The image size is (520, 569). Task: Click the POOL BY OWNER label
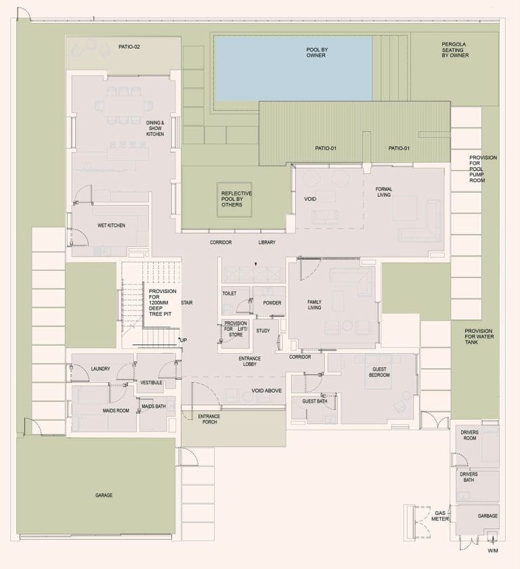(316, 52)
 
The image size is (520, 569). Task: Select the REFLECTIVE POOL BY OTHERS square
(234, 200)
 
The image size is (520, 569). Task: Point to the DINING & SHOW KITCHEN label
(155, 128)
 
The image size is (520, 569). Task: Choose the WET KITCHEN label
(112, 225)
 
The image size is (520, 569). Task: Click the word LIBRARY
(267, 242)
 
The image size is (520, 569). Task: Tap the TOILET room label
(229, 294)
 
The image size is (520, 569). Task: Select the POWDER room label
(272, 302)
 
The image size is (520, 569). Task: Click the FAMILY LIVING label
(314, 304)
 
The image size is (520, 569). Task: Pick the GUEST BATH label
(315, 401)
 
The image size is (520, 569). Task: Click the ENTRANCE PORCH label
(209, 419)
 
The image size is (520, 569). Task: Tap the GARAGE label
(104, 495)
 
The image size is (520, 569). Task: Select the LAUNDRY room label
(100, 369)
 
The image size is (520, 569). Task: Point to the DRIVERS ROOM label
(470, 435)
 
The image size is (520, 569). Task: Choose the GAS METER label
(441, 517)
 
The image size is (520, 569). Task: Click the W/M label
(492, 551)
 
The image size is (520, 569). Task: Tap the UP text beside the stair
(183, 339)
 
